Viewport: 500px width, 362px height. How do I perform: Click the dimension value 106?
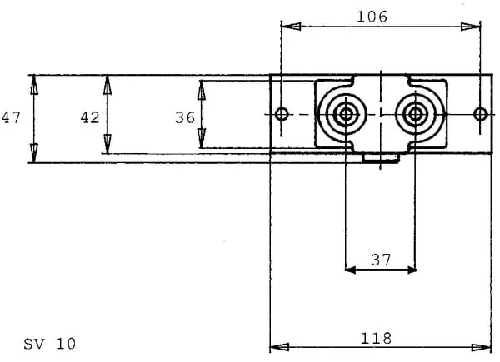(372, 16)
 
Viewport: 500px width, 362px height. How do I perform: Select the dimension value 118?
(377, 338)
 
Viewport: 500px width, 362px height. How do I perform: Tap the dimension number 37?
(381, 260)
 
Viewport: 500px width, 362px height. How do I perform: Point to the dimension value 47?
(11, 118)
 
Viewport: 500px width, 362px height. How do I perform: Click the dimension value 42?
(90, 118)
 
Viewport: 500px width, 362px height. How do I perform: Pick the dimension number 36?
(185, 118)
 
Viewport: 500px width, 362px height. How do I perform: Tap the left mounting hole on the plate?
(282, 113)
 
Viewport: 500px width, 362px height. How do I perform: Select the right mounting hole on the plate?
(480, 113)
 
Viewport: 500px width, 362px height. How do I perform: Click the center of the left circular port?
(345, 114)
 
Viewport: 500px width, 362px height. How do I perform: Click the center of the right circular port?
(414, 114)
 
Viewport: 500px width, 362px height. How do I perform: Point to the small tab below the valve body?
(381, 158)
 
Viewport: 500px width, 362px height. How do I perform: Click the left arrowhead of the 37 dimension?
(350, 270)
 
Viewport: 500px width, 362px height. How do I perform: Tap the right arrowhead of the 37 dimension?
(411, 270)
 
